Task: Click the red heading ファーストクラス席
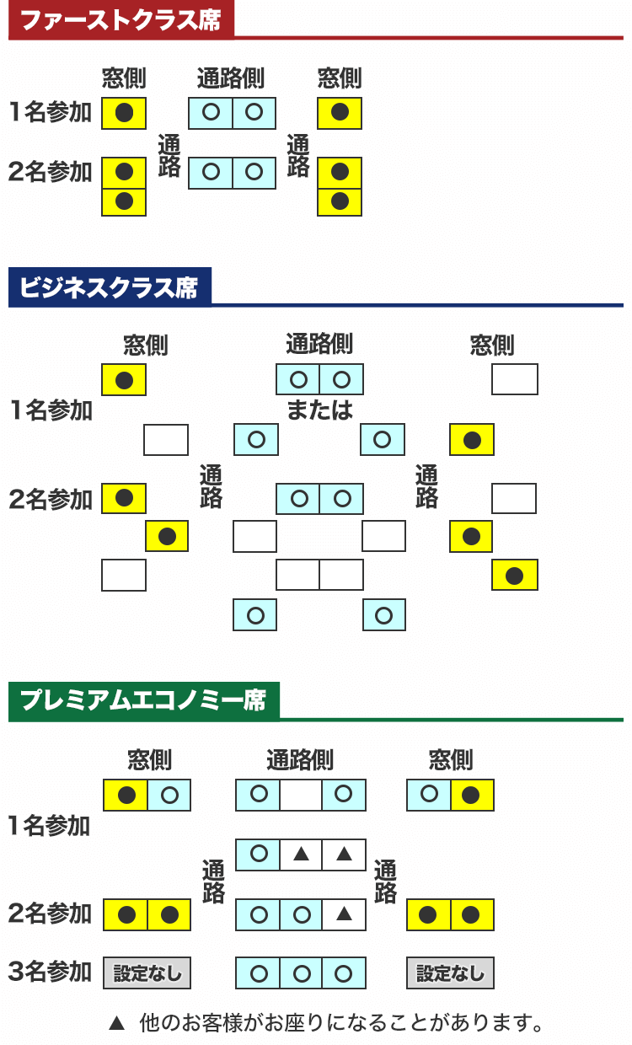(120, 20)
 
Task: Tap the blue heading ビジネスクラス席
(109, 288)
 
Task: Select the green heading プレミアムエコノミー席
(142, 700)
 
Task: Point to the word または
(319, 410)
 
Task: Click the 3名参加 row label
(50, 972)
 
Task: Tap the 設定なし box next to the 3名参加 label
(147, 973)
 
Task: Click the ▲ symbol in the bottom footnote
(117, 1024)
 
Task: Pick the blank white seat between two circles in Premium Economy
(301, 795)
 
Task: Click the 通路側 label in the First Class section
(231, 78)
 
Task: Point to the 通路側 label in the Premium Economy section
(300, 760)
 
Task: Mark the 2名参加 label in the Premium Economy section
(50, 913)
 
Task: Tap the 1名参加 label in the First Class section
(50, 112)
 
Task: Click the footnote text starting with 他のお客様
(340, 1024)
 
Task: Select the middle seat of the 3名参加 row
(301, 973)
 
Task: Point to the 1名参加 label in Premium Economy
(50, 825)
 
